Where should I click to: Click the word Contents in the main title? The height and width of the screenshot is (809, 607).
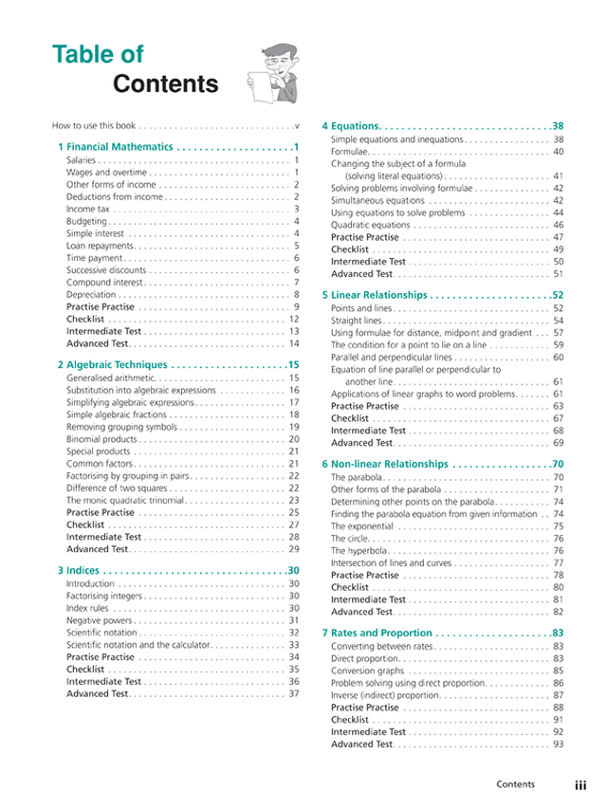click(x=165, y=84)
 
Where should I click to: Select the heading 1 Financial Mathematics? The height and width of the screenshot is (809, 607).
click(x=116, y=147)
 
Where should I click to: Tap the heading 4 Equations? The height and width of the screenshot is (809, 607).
click(x=352, y=126)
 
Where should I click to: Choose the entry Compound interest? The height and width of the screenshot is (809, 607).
click(x=104, y=282)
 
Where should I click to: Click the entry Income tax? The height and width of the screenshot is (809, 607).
click(x=88, y=209)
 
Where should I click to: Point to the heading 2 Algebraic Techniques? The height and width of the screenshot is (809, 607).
click(x=113, y=364)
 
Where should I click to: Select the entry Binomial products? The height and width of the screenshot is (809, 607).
click(x=101, y=439)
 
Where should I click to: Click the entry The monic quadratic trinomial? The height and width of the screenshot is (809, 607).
click(x=124, y=500)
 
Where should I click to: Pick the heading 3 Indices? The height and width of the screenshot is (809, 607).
click(x=78, y=571)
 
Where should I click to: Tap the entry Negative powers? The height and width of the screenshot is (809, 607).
click(x=99, y=620)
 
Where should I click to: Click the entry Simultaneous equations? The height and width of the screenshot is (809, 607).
click(x=377, y=200)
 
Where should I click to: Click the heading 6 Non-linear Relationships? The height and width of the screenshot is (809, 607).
click(x=384, y=464)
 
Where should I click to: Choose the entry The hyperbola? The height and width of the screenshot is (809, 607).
click(x=359, y=550)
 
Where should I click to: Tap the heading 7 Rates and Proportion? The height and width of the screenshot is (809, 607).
click(x=377, y=633)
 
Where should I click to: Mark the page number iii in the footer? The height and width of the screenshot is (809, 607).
click(x=580, y=785)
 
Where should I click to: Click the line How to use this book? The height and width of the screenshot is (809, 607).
click(x=94, y=125)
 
